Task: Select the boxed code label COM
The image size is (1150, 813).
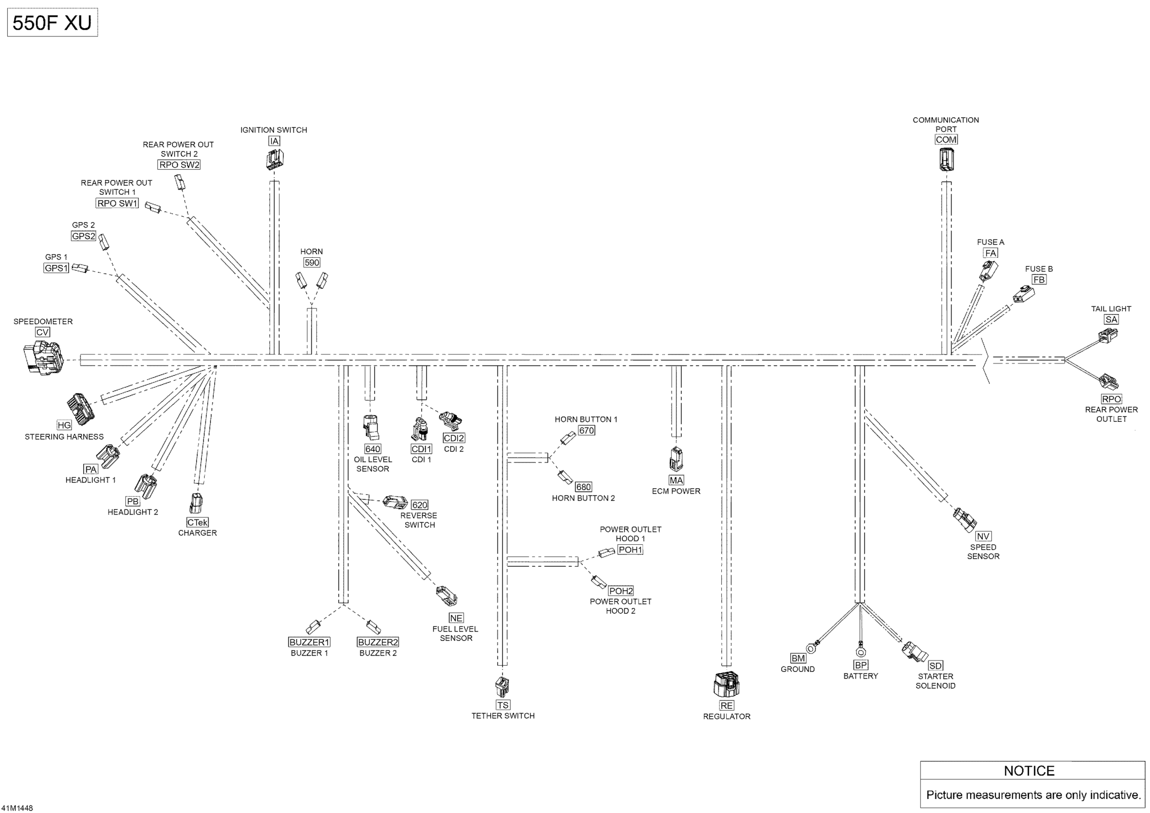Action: tap(946, 140)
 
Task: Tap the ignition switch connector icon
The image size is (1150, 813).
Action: tap(275, 160)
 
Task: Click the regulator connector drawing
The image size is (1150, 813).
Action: tap(726, 685)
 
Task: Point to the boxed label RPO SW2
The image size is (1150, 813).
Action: tap(179, 165)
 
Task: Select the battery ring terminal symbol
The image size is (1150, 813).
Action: tap(861, 651)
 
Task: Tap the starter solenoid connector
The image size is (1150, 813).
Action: tap(914, 651)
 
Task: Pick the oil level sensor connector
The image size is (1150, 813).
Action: tap(372, 428)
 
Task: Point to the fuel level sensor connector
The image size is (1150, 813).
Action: tap(446, 596)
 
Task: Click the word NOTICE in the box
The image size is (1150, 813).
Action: tap(1029, 770)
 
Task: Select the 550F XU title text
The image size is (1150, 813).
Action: tap(52, 23)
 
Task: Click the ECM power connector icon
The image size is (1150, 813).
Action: tap(675, 459)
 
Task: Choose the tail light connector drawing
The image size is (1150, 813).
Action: tap(1108, 335)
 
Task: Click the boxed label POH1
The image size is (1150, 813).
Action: tap(630, 549)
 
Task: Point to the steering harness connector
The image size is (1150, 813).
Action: tap(81, 406)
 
